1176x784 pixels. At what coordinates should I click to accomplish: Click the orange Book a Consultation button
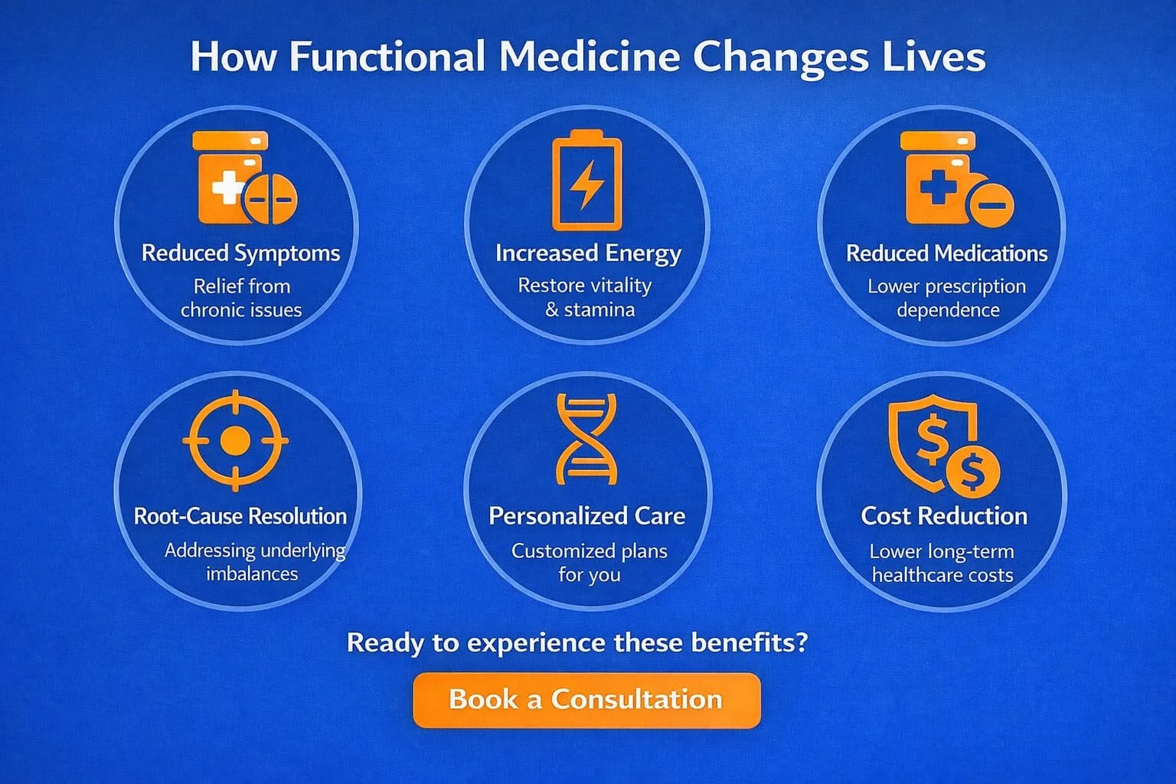[586, 700]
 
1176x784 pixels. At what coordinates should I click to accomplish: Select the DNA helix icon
[586, 439]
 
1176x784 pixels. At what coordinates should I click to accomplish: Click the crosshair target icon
[235, 440]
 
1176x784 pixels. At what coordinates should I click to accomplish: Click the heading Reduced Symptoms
[240, 253]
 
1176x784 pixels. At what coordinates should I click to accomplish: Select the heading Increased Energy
[588, 253]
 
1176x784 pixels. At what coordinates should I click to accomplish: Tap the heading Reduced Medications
[946, 253]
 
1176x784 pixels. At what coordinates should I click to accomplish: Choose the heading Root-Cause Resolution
[240, 516]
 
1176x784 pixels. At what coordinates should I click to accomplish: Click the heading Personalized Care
[586, 516]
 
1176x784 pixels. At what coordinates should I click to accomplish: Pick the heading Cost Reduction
[944, 516]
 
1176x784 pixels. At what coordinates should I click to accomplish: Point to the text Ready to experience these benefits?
[577, 642]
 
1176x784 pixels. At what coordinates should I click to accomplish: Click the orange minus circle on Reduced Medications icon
[991, 204]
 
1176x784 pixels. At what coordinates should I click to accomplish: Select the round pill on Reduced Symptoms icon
[269, 199]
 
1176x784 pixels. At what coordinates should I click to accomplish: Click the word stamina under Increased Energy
[599, 310]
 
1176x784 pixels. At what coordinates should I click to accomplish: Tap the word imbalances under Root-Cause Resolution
[252, 573]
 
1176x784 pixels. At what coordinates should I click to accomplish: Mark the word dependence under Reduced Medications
[948, 310]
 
